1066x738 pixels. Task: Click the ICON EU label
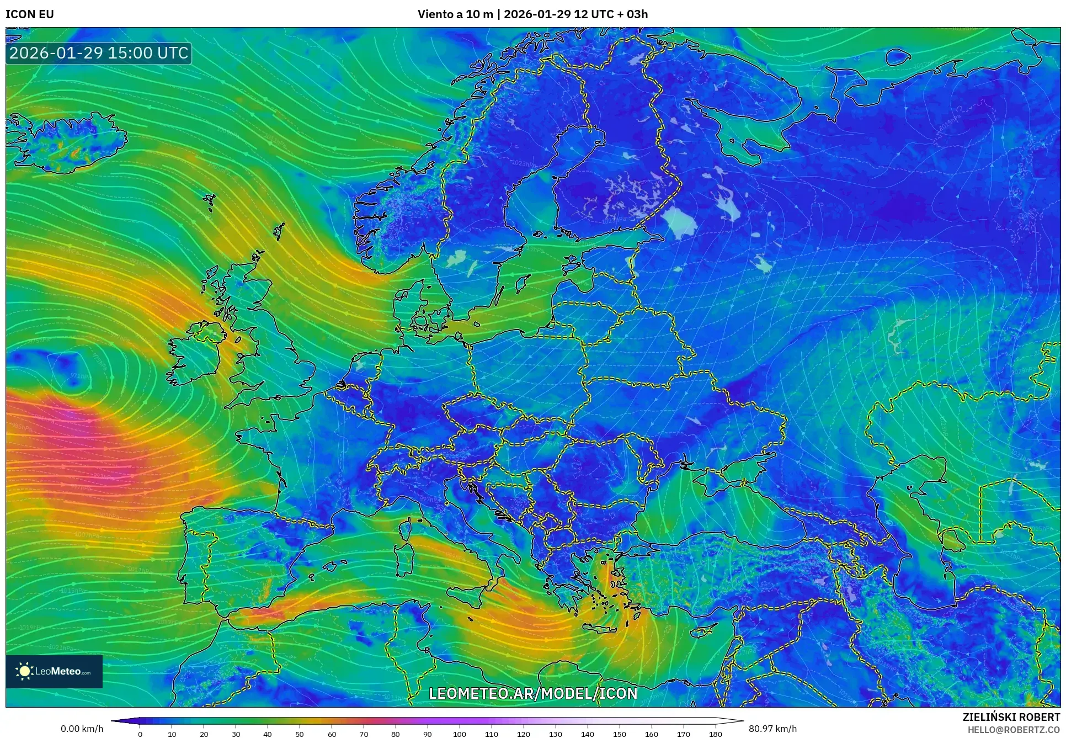(x=30, y=14)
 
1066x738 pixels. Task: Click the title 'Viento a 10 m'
(x=455, y=14)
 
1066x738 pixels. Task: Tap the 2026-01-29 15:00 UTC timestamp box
(x=99, y=53)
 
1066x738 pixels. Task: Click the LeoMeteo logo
(x=54, y=671)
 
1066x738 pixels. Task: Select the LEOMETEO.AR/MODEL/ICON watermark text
(x=533, y=693)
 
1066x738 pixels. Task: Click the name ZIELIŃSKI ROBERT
(x=1011, y=718)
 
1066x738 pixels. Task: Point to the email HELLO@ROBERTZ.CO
(x=1013, y=730)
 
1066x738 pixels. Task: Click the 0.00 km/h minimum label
(x=82, y=729)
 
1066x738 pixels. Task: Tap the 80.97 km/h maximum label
(x=772, y=729)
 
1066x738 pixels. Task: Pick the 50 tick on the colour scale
(x=300, y=734)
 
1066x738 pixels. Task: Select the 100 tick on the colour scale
(x=460, y=734)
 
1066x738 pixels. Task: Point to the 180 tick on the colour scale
(x=715, y=734)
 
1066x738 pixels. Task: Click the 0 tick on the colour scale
(x=140, y=734)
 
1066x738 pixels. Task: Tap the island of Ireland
(x=193, y=353)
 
